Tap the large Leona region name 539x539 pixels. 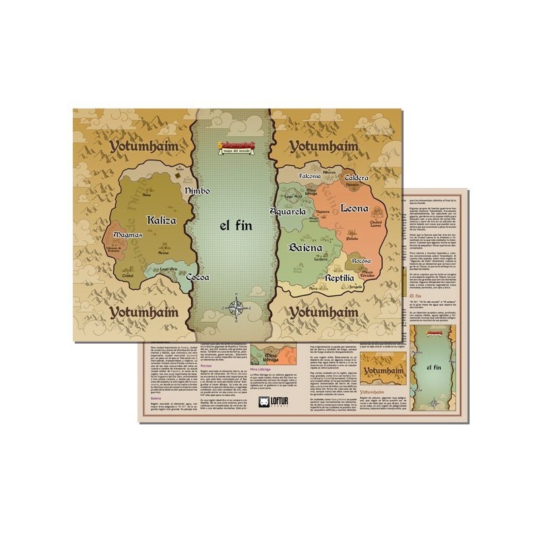tap(354, 208)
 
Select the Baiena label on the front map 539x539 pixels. tap(305, 248)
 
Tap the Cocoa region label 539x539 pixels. tap(197, 277)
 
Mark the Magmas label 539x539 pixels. tap(128, 235)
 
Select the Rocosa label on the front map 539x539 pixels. tap(362, 260)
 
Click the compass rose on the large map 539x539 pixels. tap(236, 307)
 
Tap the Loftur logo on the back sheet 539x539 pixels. tap(274, 403)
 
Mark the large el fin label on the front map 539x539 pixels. tap(236, 226)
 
